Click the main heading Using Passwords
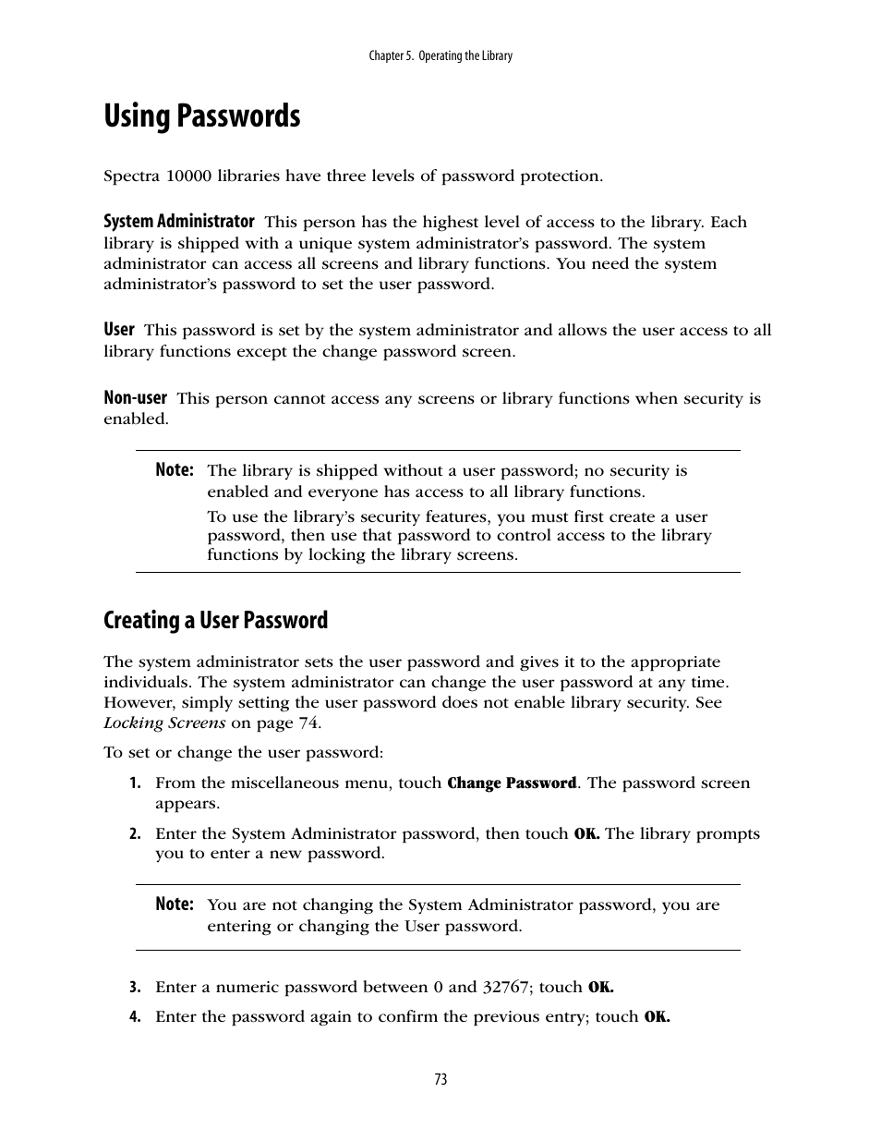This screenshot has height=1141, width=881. [x=201, y=117]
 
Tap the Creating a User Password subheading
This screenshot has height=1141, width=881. [x=215, y=620]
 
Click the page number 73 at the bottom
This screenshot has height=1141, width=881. [x=440, y=1079]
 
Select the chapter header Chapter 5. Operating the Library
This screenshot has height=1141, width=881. [x=440, y=55]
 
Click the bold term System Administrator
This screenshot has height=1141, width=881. [x=178, y=222]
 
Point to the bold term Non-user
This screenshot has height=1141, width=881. [x=135, y=398]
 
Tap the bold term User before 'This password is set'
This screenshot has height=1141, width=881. [x=119, y=330]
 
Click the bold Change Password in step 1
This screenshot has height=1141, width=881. [x=512, y=783]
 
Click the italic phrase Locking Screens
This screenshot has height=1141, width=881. [x=164, y=723]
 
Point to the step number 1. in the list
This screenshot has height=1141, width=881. [x=135, y=783]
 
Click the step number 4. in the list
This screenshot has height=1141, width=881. [x=135, y=1017]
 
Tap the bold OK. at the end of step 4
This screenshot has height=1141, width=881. [x=657, y=1017]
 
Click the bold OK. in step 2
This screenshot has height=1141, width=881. [x=586, y=834]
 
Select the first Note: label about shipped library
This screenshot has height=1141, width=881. [x=175, y=470]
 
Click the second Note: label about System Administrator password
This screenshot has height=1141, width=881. [x=175, y=904]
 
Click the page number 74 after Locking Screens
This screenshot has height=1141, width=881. [x=308, y=723]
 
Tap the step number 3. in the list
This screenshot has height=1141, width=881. [x=135, y=988]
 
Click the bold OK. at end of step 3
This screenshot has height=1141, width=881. [x=600, y=988]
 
